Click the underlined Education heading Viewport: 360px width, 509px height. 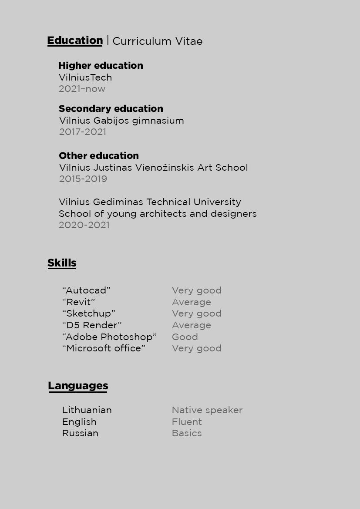(x=75, y=40)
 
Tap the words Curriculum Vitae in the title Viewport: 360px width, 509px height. (x=157, y=41)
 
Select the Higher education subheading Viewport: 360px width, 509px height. (x=101, y=66)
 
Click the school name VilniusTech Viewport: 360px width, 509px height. (x=85, y=78)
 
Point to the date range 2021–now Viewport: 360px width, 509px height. (x=82, y=89)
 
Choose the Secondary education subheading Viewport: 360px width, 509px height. (x=111, y=109)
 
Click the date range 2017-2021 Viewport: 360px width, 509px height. (x=83, y=132)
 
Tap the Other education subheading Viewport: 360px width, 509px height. (x=99, y=156)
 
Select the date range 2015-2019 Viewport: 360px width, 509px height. (x=83, y=179)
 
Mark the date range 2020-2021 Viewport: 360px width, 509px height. (x=84, y=225)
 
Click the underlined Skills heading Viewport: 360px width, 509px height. (x=62, y=263)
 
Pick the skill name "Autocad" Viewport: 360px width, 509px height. (x=87, y=290)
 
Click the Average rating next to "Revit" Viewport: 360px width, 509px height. (x=192, y=302)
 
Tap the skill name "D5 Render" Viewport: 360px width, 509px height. (x=92, y=325)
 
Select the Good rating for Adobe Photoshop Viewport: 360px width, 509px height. (x=185, y=337)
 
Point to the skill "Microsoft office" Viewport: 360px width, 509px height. (x=104, y=348)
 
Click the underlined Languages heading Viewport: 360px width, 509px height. (x=78, y=386)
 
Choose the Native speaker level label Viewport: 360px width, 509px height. (x=207, y=410)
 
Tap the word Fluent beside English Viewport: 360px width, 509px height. (x=187, y=422)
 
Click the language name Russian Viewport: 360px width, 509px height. (x=80, y=433)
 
